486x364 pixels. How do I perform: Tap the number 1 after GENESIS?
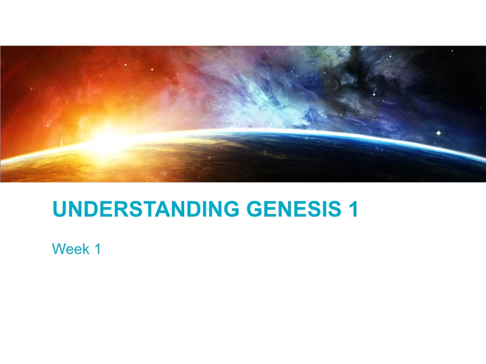coord(353,209)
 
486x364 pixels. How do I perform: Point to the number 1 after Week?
coord(97,249)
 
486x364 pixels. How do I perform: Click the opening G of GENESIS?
coord(254,209)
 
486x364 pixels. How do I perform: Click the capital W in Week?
coord(59,249)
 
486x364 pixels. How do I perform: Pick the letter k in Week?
coord(86,249)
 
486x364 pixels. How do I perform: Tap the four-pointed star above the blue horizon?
coord(438,133)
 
